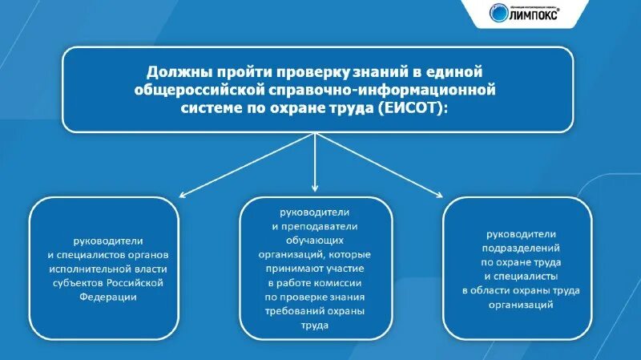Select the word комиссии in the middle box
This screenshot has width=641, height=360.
341,283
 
